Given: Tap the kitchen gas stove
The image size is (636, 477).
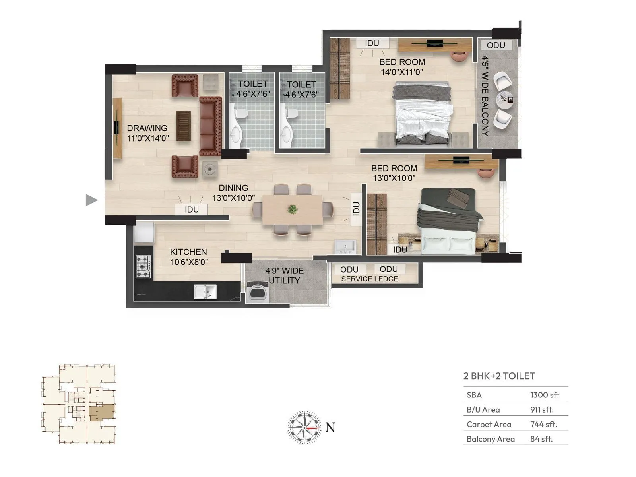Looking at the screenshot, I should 143,266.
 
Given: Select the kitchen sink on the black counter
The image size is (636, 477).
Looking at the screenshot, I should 205,291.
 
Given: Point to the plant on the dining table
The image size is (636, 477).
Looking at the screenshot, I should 293,209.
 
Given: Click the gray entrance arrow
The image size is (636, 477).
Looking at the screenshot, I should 91,200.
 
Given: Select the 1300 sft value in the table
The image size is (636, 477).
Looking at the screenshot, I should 545,395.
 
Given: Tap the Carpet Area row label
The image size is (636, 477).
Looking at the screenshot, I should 489,424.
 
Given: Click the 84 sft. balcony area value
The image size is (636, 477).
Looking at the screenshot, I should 541,439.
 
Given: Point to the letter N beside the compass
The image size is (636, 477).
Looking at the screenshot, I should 330,427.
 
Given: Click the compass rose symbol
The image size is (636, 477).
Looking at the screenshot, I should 304,428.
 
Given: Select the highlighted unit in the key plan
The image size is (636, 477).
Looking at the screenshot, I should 102,413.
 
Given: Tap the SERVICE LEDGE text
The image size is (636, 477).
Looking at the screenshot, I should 369,279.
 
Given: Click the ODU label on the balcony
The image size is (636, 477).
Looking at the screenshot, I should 496,45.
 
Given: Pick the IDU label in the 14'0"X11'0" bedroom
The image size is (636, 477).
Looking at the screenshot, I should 372,43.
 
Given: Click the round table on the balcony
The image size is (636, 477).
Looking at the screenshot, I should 505,99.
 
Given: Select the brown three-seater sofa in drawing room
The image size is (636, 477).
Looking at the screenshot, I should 210,126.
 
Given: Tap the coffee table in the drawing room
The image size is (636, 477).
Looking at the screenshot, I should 183,126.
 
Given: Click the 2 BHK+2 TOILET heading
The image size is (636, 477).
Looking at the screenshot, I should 499,376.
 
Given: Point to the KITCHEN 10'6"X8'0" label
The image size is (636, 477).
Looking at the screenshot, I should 189,257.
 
